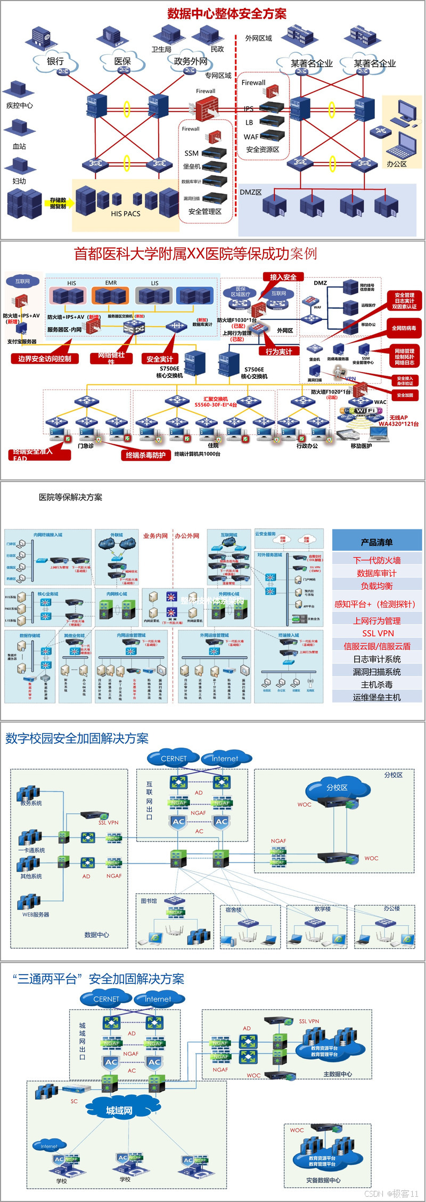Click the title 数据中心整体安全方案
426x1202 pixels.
point(227,14)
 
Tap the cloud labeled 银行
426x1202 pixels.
point(55,62)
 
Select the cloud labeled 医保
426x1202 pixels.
point(122,62)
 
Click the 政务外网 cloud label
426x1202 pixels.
point(191,61)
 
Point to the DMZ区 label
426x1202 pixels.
point(250,192)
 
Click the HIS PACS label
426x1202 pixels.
point(126,213)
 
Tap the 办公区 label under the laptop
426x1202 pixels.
point(397,164)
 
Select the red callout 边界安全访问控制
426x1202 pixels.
point(45,359)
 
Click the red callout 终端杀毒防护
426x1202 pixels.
point(145,455)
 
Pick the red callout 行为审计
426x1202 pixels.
point(278,351)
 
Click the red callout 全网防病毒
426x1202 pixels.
point(404,328)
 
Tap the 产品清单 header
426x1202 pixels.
point(376,542)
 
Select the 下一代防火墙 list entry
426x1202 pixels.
point(376,560)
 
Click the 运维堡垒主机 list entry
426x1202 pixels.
point(376,697)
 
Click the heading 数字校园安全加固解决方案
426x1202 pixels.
point(77,739)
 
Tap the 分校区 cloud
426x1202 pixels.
point(337,787)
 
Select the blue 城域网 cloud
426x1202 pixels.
point(119,1110)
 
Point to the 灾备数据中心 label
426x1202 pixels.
point(323,1180)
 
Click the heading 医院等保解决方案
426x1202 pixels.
point(70,498)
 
